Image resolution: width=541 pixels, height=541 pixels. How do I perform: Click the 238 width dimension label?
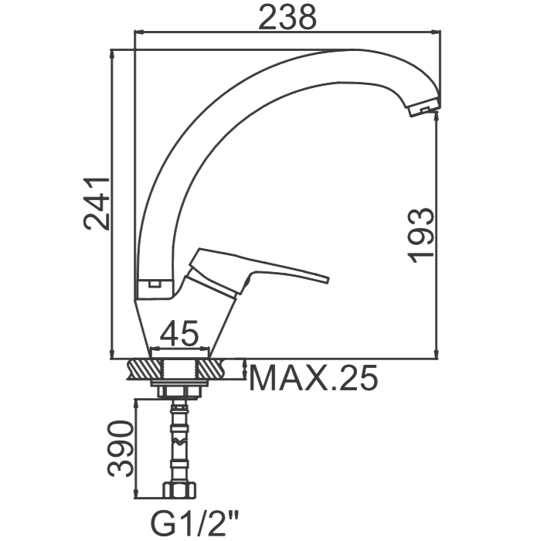288,16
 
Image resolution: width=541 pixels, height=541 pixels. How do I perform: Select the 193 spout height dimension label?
420,235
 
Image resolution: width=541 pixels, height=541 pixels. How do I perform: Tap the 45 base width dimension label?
179,334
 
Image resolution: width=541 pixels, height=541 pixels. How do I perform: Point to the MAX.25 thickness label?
313,378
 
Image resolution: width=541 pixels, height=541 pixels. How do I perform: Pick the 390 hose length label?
120,448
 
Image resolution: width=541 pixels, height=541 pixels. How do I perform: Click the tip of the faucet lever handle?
327,279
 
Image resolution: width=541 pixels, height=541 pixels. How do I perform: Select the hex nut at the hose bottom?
179,490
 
